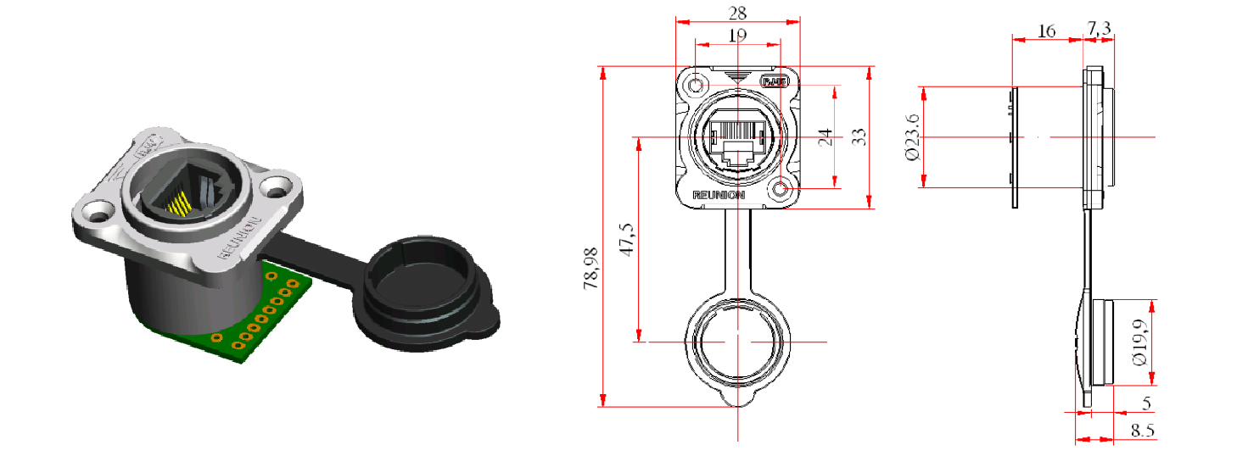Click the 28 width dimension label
[x=737, y=14]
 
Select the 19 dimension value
[x=737, y=36]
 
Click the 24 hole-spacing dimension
[x=824, y=136]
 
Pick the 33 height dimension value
[x=859, y=136]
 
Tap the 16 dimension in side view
[x=1047, y=31]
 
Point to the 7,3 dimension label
[x=1100, y=29]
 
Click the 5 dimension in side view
[x=1146, y=403]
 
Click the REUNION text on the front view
[x=719, y=195]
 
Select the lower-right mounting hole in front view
[x=781, y=189]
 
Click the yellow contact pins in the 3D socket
[x=180, y=204]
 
